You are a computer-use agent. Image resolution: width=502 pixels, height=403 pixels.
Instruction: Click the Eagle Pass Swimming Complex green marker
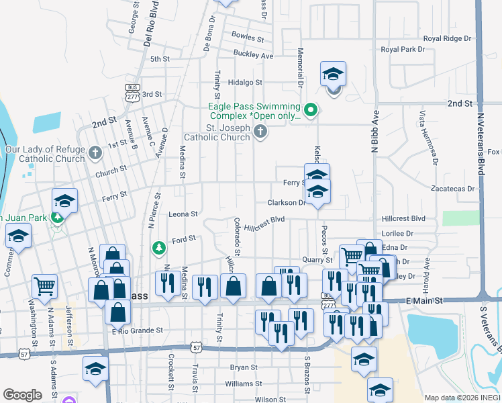pos(310,109)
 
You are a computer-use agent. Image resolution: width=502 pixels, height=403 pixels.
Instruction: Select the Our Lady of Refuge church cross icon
pos(95,152)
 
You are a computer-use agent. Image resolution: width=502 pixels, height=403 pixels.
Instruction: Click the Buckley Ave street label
pos(253,54)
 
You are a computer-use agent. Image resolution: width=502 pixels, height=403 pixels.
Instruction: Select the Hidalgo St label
pos(244,82)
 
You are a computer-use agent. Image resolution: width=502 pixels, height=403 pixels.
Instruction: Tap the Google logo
pos(22,395)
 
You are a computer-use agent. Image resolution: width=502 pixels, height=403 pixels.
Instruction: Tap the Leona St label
pos(183,214)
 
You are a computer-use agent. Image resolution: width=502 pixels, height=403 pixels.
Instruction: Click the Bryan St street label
pos(244,367)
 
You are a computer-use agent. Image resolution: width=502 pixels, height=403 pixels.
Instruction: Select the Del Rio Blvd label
pos(152,26)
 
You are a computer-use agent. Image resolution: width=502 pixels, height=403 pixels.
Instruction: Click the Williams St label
pos(239,384)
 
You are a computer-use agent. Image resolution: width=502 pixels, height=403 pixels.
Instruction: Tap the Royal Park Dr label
pos(403,50)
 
